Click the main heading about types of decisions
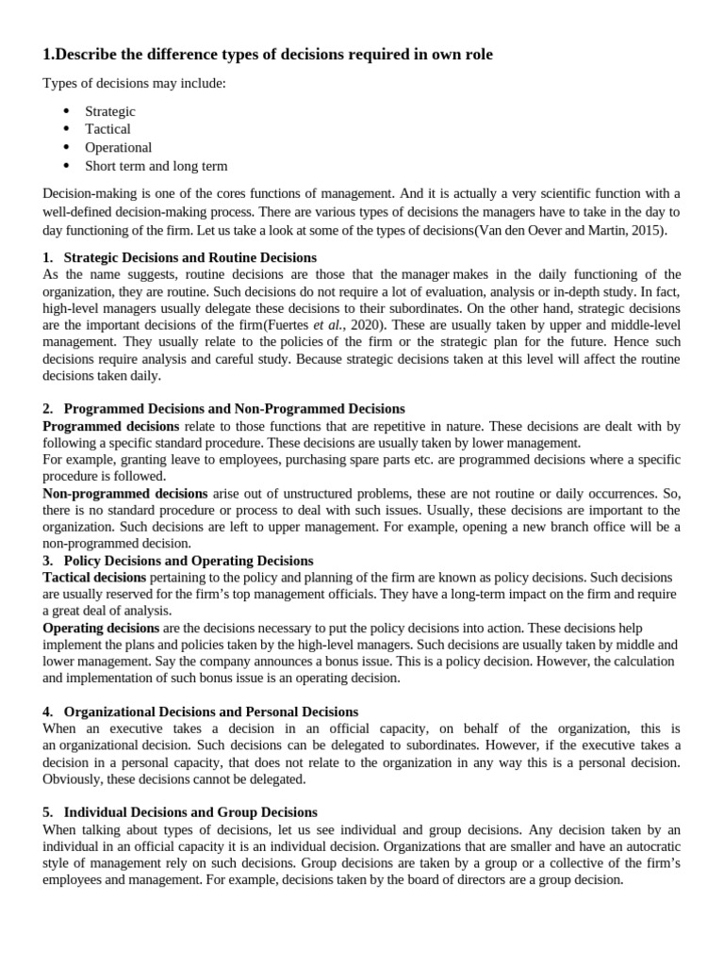pos(268,56)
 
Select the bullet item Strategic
pos(110,111)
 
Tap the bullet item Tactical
pos(107,129)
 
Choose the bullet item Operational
pos(118,148)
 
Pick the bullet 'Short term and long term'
pos(156,166)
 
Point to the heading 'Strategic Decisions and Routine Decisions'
pos(189,257)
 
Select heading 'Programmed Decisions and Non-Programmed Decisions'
pos(234,409)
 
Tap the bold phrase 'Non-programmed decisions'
pos(125,493)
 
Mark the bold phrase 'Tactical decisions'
pos(94,577)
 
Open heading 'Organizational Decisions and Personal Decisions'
pos(210,711)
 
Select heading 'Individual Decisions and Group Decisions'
pos(189,812)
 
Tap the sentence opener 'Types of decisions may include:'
pos(134,84)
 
